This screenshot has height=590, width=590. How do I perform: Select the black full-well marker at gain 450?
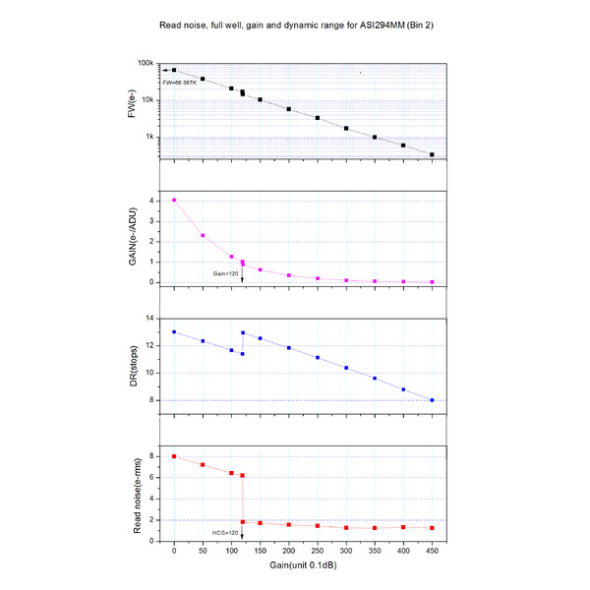[x=432, y=154]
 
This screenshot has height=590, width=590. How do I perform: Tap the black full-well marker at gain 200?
[x=289, y=109]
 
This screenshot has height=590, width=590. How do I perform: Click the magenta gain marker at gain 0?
[x=174, y=201]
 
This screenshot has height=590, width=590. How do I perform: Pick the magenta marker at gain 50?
[x=203, y=235]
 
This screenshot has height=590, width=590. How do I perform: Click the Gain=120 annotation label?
[x=228, y=274]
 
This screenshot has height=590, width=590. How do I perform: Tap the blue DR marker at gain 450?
[x=432, y=400]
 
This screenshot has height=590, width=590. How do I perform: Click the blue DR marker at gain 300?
[x=346, y=368]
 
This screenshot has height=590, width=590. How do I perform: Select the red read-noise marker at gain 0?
[x=174, y=456]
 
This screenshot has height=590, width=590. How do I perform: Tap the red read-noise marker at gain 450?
[x=432, y=528]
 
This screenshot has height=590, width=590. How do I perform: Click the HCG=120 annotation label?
[x=226, y=532]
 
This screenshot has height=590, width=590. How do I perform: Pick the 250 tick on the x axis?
[x=318, y=554]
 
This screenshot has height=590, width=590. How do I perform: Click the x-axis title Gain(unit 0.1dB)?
[x=303, y=568]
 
